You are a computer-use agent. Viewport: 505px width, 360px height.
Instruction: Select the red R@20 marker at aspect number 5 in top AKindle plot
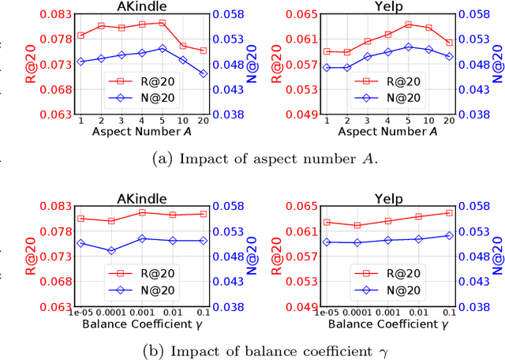click(x=162, y=23)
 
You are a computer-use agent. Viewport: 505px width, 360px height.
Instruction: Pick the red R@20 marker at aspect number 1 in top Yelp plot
click(x=327, y=51)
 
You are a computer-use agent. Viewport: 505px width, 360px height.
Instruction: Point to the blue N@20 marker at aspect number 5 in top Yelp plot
click(x=409, y=47)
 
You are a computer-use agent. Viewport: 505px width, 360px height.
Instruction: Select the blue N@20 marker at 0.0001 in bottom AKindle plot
click(x=111, y=250)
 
